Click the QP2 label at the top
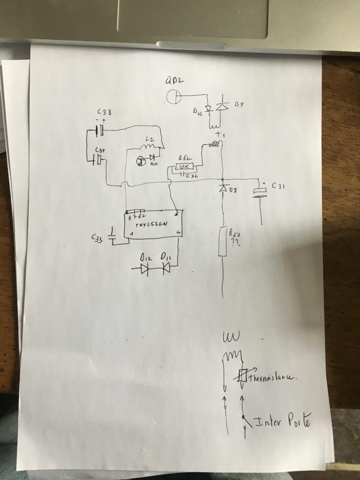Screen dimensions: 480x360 (174, 81)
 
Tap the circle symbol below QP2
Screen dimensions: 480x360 (174, 97)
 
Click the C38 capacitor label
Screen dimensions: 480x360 (104, 112)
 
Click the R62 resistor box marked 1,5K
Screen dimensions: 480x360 (182, 166)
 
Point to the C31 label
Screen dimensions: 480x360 (278, 186)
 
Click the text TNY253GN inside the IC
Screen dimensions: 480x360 (151, 225)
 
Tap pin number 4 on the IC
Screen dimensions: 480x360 (178, 233)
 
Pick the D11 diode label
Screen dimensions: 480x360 (165, 257)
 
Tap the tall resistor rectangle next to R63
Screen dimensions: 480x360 (223, 241)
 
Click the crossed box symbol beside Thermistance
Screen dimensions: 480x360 (243, 375)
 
